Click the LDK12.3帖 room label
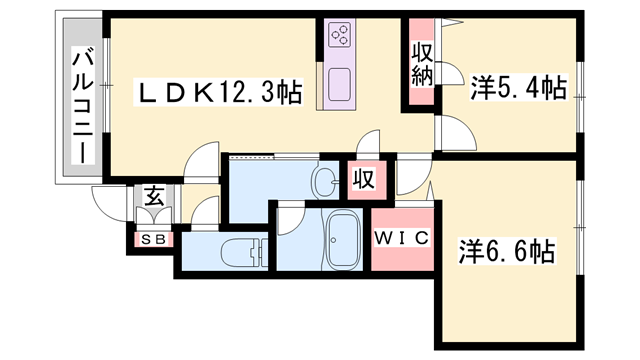(219, 93)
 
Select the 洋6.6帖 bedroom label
(508, 246)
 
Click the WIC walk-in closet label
(401, 238)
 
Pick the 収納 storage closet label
(419, 65)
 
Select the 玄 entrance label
(155, 196)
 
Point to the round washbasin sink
(325, 181)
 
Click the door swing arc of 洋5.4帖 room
(450, 132)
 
